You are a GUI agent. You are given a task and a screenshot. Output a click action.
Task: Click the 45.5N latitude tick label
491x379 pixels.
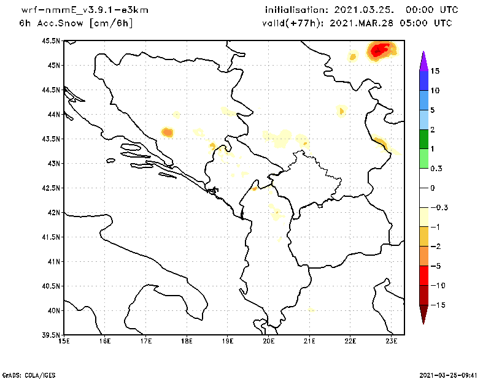click(x=52, y=41)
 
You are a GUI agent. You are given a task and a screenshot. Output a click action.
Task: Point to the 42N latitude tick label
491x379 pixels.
click(x=54, y=213)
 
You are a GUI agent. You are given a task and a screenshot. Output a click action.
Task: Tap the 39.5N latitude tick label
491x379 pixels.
click(x=52, y=335)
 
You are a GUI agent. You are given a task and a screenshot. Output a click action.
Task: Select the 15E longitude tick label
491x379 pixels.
click(x=63, y=341)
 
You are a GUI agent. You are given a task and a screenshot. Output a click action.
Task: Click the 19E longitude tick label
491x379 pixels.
click(x=228, y=341)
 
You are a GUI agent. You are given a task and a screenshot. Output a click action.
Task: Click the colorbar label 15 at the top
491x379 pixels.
click(x=435, y=71)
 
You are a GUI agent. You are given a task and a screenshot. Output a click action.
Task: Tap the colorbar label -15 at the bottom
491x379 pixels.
click(x=436, y=305)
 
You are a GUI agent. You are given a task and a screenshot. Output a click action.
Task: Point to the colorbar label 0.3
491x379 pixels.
click(x=436, y=168)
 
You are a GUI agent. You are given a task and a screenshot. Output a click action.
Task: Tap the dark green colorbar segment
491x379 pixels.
click(x=423, y=139)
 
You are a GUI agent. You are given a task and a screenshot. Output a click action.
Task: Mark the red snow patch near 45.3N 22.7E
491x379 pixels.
click(x=381, y=50)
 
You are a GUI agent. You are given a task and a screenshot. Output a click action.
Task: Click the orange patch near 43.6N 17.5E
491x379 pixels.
click(x=167, y=132)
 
